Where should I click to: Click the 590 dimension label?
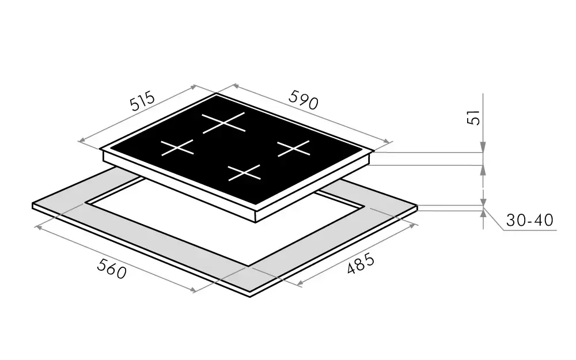(x=304, y=100)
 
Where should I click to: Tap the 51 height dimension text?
(x=474, y=118)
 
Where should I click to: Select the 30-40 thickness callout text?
(x=529, y=220)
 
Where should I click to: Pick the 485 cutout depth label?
(x=361, y=263)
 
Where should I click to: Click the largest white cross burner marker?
(x=223, y=122)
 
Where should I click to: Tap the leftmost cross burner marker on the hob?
(x=177, y=147)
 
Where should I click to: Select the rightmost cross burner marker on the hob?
(x=294, y=148)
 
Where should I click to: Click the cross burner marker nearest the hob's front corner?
(x=244, y=173)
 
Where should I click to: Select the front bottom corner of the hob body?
(x=256, y=222)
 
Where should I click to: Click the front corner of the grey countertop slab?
(x=250, y=297)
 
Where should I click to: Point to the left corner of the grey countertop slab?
(x=33, y=204)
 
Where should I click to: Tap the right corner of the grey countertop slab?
(x=417, y=206)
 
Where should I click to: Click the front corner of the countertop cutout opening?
(x=249, y=266)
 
